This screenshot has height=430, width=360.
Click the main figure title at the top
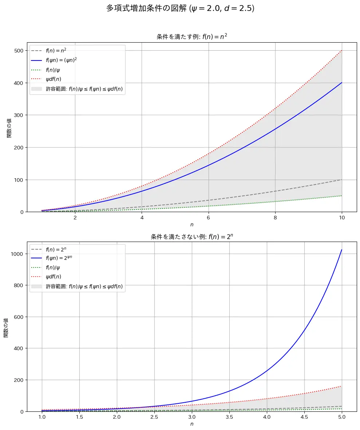point(180,8)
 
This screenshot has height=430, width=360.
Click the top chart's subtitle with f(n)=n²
point(192,36)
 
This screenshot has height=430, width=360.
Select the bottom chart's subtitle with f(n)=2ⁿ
point(192,236)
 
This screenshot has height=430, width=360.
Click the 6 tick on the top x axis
point(209,218)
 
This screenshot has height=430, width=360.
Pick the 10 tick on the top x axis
point(342,218)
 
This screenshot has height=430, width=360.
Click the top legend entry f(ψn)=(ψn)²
point(61,60)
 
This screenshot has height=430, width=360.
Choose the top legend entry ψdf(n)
point(53,79)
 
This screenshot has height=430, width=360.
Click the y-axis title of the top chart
point(9,128)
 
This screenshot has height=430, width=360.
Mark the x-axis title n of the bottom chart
point(192,424)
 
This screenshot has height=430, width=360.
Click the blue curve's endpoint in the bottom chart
point(342,250)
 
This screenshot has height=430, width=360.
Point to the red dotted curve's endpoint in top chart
point(342,51)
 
